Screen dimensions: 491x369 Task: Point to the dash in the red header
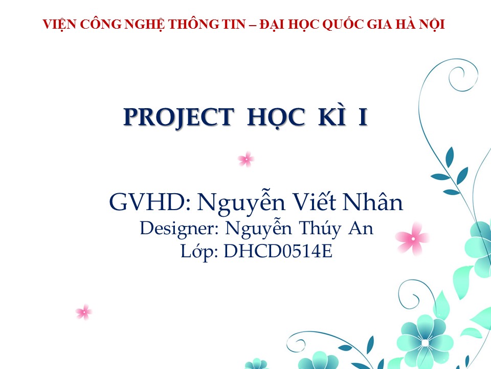pyautogui.click(x=252, y=25)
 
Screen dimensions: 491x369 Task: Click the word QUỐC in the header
pyautogui.click(x=343, y=25)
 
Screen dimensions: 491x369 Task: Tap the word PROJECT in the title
pyautogui.click(x=179, y=117)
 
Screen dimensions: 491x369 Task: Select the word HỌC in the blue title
pyautogui.click(x=276, y=117)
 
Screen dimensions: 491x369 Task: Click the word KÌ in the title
pyautogui.click(x=332, y=116)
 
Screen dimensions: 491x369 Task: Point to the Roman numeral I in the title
pyautogui.click(x=363, y=117)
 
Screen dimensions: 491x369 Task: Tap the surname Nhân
pyautogui.click(x=373, y=201)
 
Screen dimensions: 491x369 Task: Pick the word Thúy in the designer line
pyautogui.click(x=319, y=229)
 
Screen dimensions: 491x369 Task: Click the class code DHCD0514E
pyautogui.click(x=278, y=251)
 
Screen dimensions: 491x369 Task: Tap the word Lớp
pyautogui.click(x=199, y=252)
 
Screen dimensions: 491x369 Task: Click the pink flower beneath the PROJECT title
pyautogui.click(x=246, y=159)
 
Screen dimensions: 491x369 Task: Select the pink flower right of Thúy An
pyautogui.click(x=412, y=239)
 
